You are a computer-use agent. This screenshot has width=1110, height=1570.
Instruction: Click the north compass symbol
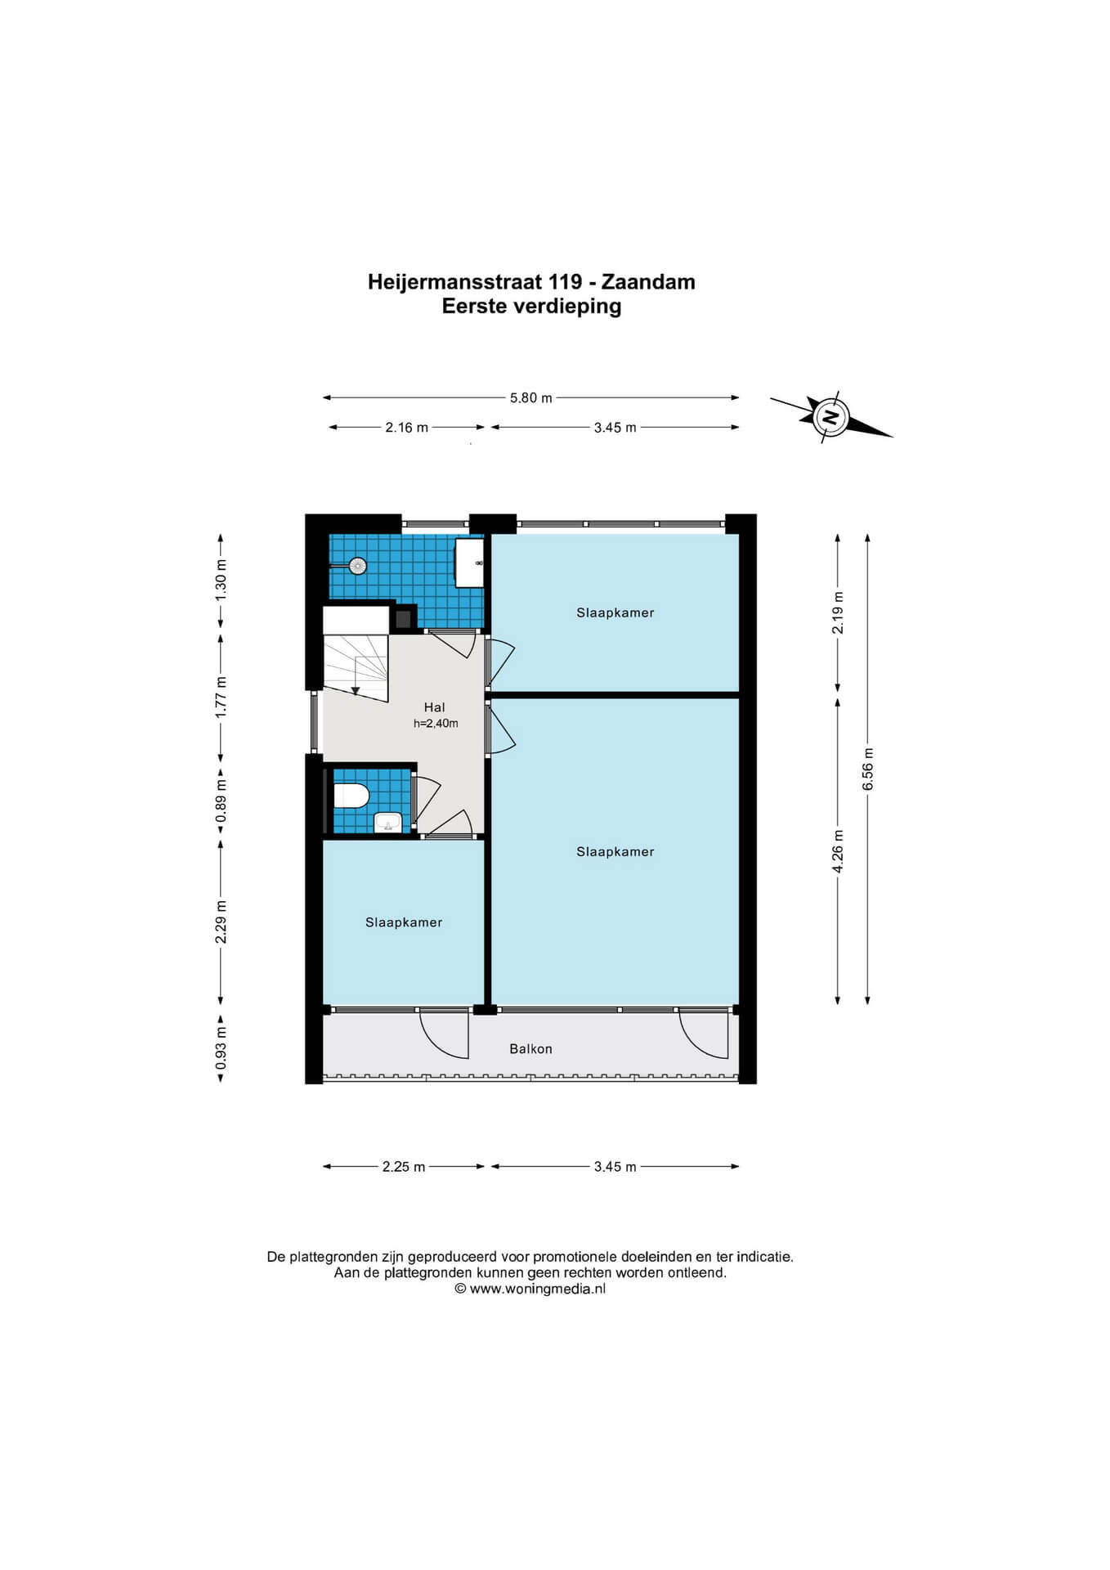tap(830, 417)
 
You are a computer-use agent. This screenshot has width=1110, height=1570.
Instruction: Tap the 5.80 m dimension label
tap(531, 398)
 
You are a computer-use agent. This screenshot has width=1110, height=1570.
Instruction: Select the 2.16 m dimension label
tap(407, 428)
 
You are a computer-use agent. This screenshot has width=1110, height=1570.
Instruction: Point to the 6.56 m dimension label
tap(868, 769)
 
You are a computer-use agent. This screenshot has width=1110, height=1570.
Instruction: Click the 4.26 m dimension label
tap(838, 851)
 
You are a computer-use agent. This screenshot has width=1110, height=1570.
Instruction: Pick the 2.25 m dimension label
tap(404, 1167)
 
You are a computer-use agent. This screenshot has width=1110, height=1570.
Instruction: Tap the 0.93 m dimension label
tap(221, 1048)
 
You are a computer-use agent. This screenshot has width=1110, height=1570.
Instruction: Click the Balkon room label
tap(531, 1049)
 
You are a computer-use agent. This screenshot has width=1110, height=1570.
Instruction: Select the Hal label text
tap(435, 707)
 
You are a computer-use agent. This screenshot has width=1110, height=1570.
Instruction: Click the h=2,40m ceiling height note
tap(436, 724)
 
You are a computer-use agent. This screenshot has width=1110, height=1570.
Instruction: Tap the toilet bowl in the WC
tap(351, 795)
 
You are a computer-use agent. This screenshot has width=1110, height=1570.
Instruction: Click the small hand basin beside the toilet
tap(387, 822)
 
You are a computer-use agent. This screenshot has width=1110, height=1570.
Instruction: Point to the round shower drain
tap(357, 566)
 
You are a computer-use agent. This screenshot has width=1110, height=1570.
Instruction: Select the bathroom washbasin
tap(469, 563)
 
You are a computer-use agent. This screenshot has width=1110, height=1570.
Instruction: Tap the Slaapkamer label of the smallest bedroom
tap(404, 922)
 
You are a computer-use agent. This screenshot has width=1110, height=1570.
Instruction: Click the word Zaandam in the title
tap(648, 282)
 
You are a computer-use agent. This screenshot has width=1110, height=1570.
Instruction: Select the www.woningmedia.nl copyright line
tap(530, 1289)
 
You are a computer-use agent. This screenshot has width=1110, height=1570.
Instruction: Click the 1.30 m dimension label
tap(221, 581)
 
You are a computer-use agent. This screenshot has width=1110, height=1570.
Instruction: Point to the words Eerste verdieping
tap(532, 307)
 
